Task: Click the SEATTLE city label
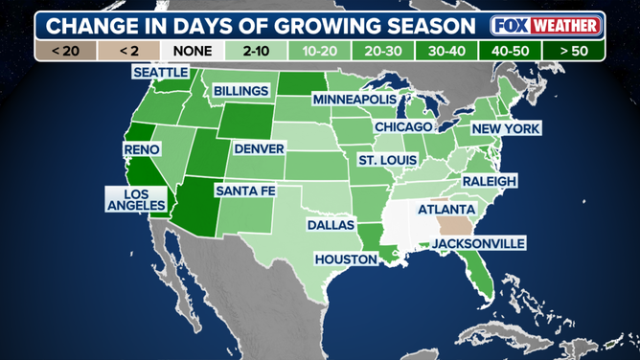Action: [161, 73]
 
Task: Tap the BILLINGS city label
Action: [241, 90]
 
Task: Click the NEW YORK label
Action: [506, 128]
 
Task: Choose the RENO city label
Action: [142, 149]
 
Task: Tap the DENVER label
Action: [259, 148]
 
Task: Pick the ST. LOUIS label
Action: [388, 159]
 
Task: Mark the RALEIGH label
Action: [490, 181]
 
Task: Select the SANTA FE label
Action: [245, 191]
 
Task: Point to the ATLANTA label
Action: [446, 209]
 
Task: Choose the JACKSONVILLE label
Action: [478, 243]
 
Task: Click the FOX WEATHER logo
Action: [546, 24]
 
